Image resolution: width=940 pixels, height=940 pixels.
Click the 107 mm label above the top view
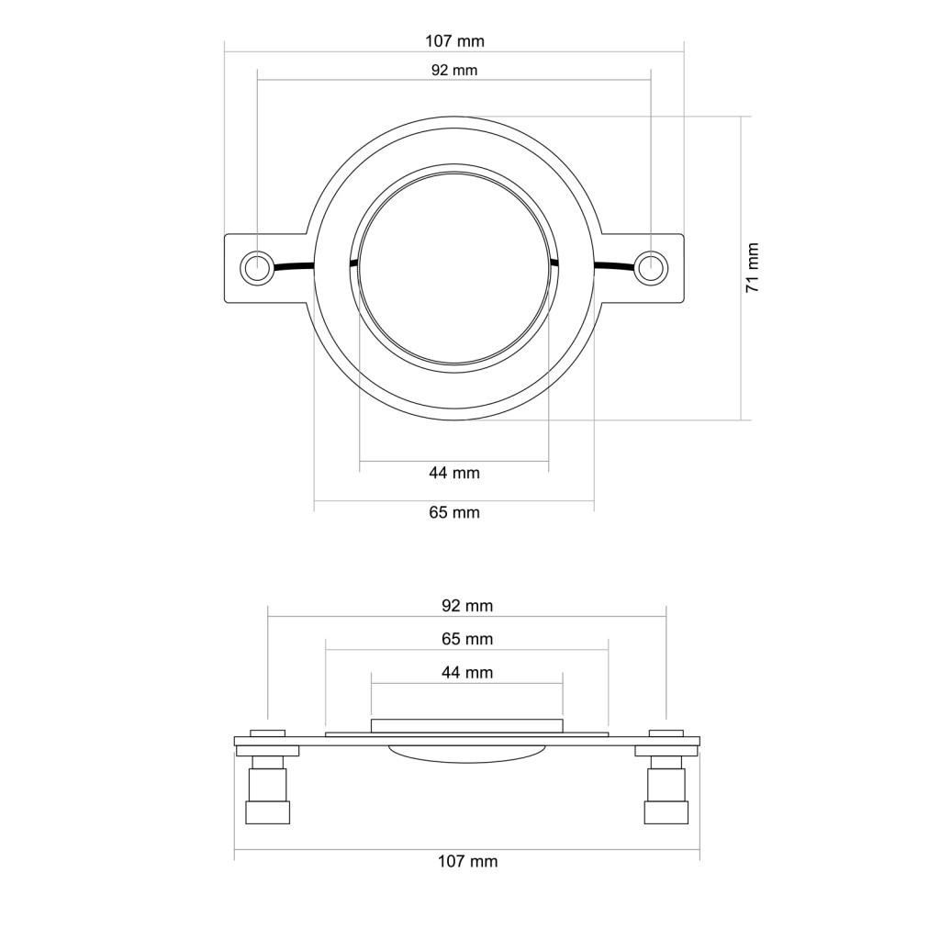coord(454,41)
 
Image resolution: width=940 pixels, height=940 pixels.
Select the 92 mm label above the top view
coord(454,70)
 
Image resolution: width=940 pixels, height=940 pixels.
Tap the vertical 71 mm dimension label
coord(753,267)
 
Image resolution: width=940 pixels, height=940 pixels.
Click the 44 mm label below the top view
coord(454,474)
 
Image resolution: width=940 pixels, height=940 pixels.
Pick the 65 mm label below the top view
coord(454,512)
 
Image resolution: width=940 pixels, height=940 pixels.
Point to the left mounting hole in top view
coord(256,267)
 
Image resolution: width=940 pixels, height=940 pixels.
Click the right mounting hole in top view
coord(650,267)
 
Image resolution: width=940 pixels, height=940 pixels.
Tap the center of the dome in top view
coord(455,268)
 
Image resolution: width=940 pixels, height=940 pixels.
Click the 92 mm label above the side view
coord(467,606)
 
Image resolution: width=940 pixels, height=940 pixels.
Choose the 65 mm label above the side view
coord(467,639)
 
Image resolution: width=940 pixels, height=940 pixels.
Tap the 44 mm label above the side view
coord(467,673)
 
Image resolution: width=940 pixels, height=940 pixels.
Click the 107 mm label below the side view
coord(467,861)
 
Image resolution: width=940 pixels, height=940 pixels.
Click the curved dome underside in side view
coord(468,753)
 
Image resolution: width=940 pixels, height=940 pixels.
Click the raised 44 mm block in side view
coord(466,724)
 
